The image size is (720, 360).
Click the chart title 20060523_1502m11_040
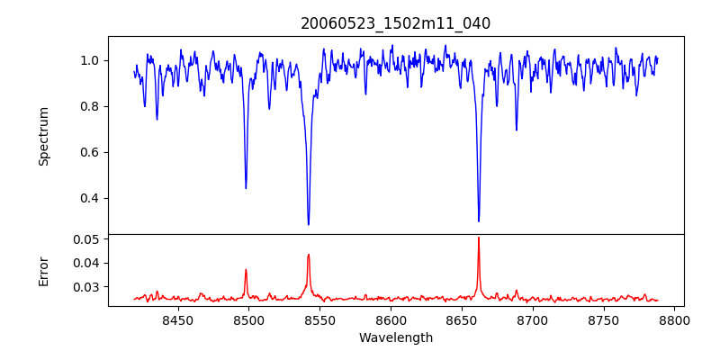click(x=395, y=23)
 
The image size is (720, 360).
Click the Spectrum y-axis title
click(x=43, y=136)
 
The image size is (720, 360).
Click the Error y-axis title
click(x=43, y=270)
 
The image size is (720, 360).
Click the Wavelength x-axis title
click(x=395, y=338)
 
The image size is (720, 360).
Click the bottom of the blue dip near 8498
click(x=246, y=188)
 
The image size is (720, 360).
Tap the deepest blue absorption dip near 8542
click(x=309, y=225)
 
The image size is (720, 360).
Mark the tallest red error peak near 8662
click(x=479, y=238)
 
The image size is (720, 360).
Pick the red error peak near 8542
click(x=309, y=255)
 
